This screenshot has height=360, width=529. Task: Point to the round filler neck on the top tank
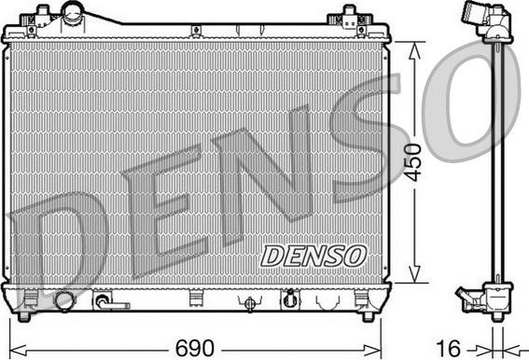[74, 13]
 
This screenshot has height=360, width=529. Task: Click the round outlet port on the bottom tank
[63, 300]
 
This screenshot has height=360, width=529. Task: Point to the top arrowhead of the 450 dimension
[414, 47]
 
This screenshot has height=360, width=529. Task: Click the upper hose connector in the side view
[477, 20]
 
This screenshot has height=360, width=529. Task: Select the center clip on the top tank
[197, 32]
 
